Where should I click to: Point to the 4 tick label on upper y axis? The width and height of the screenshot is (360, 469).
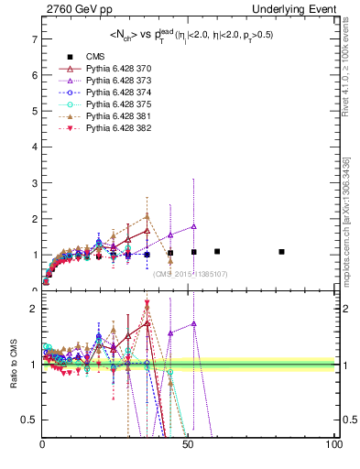coord(33,147)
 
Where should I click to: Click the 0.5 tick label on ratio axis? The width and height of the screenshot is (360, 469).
coord(27,420)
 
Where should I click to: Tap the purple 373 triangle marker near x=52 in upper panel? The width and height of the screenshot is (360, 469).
coord(193,226)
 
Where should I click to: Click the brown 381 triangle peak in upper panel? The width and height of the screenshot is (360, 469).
coord(147,216)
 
